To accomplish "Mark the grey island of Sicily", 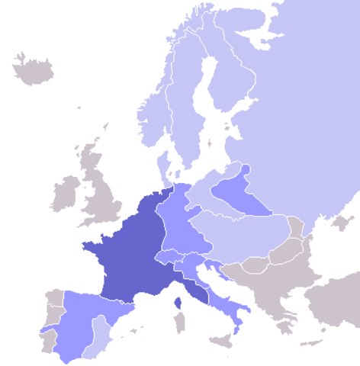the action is point(221,341).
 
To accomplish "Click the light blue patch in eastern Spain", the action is point(98,336).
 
